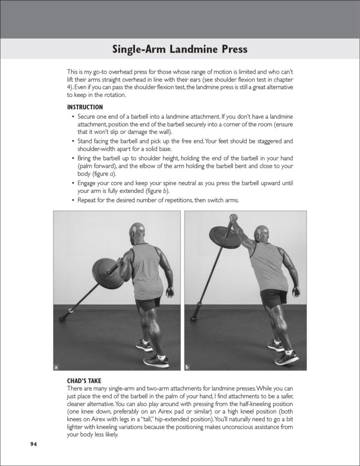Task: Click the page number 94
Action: click(33, 444)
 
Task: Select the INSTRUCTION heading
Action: click(85, 107)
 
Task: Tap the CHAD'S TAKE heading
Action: click(84, 381)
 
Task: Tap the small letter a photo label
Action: click(56, 367)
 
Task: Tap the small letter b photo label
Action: click(187, 367)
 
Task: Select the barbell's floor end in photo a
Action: click(63, 318)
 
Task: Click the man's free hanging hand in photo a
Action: click(170, 292)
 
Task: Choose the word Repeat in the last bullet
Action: click(86, 200)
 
